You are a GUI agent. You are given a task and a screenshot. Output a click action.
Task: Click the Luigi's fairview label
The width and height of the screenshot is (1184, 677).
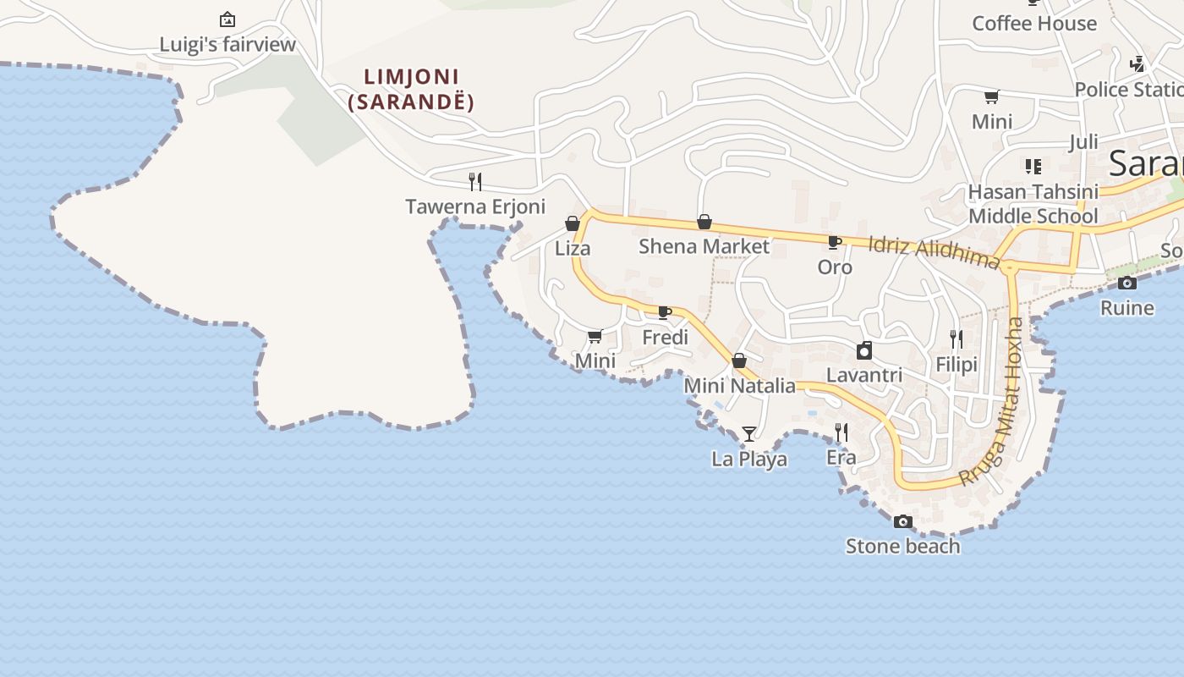(227, 45)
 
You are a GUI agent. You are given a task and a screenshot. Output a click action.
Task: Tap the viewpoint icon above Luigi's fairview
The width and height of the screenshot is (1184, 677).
(227, 19)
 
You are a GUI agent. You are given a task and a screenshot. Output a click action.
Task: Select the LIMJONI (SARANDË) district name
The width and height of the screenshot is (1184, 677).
(411, 89)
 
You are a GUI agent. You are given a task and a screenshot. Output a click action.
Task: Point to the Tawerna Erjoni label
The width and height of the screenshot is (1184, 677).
(475, 206)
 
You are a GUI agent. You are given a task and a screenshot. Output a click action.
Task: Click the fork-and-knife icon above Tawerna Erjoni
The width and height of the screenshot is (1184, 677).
(475, 181)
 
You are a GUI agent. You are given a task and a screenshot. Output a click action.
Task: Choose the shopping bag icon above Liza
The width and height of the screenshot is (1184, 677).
(573, 223)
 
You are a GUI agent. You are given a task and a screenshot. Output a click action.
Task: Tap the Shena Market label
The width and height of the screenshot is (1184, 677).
(704, 246)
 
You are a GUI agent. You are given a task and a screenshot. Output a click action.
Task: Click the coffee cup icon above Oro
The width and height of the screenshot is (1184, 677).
(835, 243)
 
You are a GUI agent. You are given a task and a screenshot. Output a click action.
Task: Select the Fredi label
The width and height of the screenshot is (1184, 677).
(665, 338)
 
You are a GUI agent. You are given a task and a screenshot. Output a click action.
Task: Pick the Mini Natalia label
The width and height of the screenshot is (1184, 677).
(739, 386)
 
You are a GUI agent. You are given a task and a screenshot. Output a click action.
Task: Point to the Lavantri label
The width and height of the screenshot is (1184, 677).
(863, 375)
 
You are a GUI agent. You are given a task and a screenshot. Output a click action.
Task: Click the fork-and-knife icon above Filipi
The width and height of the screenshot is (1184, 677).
(957, 339)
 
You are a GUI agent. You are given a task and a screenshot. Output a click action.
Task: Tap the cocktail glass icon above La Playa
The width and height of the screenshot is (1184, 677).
(749, 434)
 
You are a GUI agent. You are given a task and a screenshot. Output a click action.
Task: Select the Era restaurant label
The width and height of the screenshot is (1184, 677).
(841, 458)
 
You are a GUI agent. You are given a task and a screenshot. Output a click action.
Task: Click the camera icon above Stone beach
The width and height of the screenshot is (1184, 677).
(903, 521)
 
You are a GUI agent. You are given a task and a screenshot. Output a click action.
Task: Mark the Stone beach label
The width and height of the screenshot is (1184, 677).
(903, 546)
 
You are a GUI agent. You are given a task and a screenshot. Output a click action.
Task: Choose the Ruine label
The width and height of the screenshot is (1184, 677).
(1126, 308)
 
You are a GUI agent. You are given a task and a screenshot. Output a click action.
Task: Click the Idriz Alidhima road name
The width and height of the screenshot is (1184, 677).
(934, 250)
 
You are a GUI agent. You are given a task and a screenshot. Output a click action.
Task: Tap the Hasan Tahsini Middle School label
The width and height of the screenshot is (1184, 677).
(1033, 204)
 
